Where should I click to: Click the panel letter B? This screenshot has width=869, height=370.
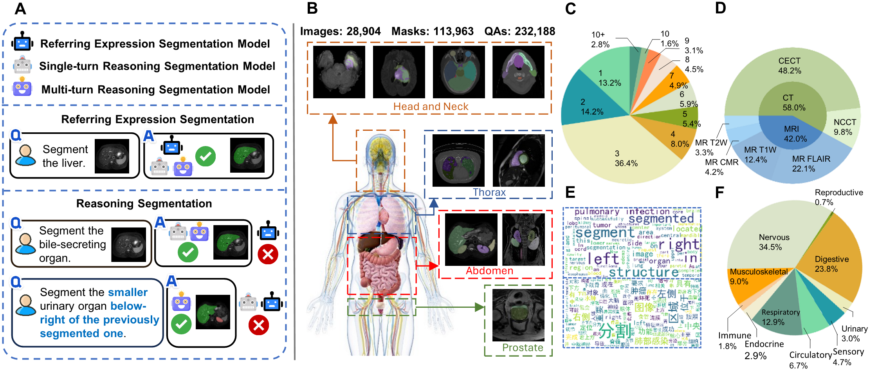click(x=312, y=8)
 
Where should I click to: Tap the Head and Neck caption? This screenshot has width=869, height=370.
click(x=431, y=106)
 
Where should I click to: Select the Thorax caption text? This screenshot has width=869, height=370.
click(x=489, y=192)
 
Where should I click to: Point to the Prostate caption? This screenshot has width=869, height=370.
click(x=523, y=348)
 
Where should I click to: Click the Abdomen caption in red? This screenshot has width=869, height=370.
click(x=489, y=271)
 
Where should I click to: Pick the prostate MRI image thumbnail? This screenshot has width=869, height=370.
click(x=518, y=315)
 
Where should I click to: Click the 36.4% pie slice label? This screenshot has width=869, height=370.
click(x=626, y=158)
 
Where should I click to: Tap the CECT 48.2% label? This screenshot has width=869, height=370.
click(x=790, y=66)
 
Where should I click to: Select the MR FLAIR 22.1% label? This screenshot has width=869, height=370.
click(x=811, y=164)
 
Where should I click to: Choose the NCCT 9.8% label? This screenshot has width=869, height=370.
click(x=844, y=127)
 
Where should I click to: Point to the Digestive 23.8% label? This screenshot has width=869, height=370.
click(x=831, y=264)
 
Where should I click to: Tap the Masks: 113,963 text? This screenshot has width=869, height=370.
click(x=432, y=31)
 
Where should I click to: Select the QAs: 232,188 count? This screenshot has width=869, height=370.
click(x=519, y=31)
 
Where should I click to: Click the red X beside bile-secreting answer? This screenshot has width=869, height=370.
click(x=268, y=254)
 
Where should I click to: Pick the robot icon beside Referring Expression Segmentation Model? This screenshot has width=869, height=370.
click(x=22, y=42)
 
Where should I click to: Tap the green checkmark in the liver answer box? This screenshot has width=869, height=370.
click(x=206, y=156)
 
